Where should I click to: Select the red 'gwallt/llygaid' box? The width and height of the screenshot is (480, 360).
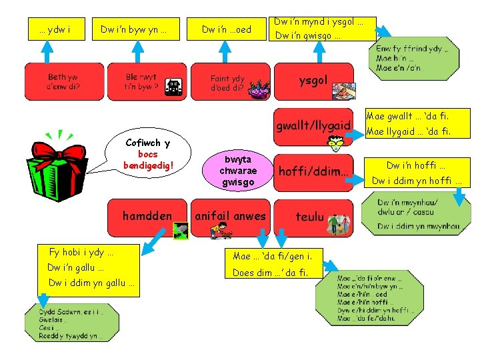(x=313, y=125)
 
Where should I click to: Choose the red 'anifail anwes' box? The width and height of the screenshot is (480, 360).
(x=230, y=216)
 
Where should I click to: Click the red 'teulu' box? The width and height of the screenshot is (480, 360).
(x=312, y=217)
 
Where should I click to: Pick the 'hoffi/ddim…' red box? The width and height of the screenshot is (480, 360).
(x=313, y=171)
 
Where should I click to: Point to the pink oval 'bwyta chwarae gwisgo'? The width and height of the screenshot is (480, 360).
(x=238, y=171)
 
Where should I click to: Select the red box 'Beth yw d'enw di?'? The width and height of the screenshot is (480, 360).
(x=63, y=81)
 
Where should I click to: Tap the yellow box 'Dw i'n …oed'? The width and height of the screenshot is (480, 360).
(x=227, y=29)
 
